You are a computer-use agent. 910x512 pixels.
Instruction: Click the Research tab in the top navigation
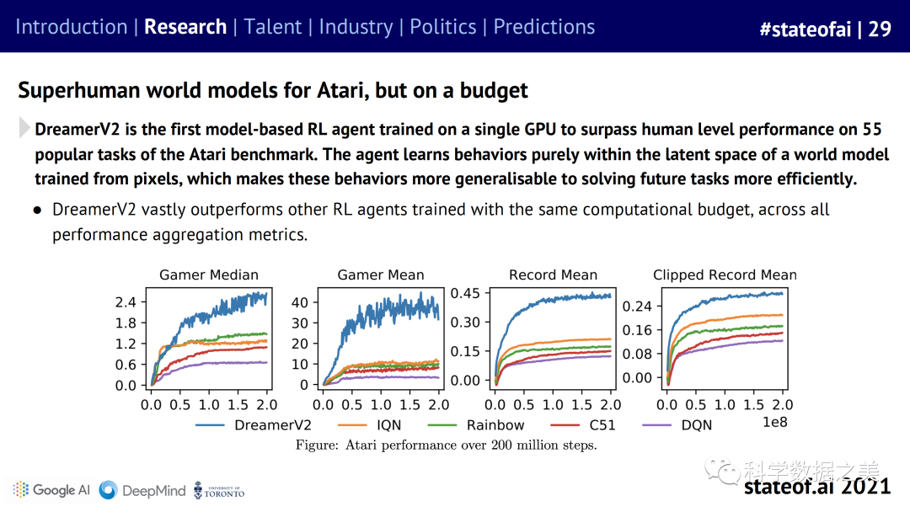pos(185,27)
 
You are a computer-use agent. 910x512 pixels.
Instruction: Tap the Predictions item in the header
pos(543,27)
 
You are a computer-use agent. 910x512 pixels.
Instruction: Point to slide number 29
pos(880,29)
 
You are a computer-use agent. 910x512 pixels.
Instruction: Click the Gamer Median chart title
pos(209,275)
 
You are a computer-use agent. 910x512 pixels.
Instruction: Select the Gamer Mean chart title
pos(381,275)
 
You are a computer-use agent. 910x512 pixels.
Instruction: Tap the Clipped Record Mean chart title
pos(725,275)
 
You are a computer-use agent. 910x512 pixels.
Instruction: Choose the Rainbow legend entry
pos(495,425)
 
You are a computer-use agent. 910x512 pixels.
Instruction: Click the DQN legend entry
pos(696,425)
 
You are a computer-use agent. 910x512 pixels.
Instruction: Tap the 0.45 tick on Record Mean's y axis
pos(465,293)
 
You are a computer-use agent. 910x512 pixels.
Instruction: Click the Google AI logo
pos(51,490)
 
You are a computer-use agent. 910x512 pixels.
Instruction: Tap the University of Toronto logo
pos(219,490)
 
